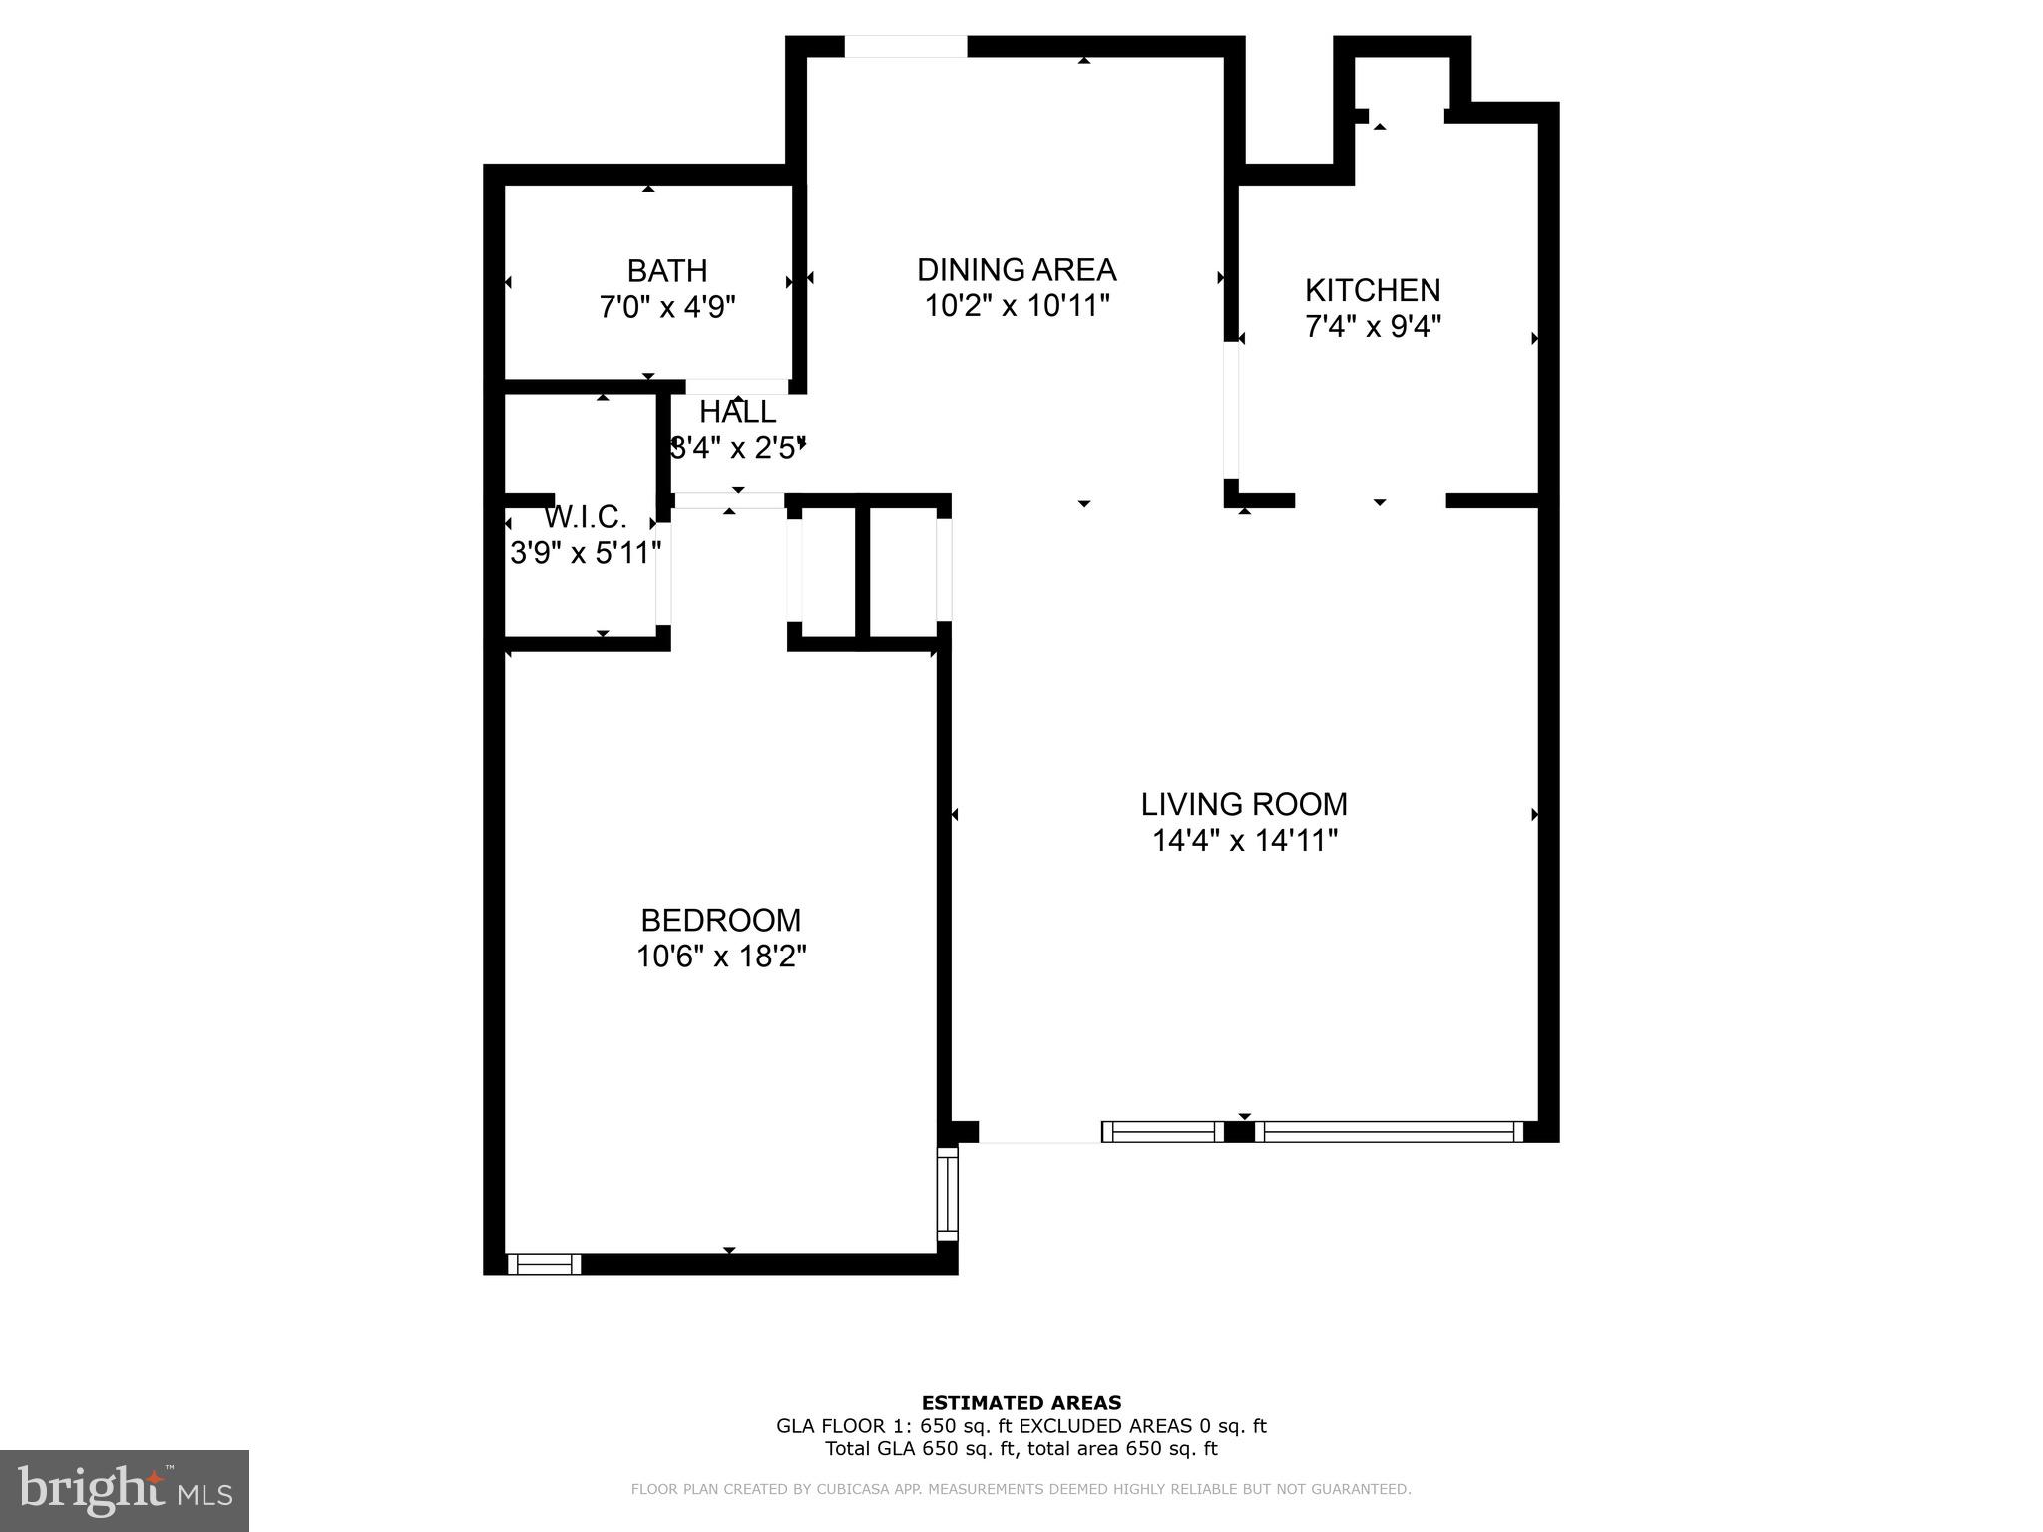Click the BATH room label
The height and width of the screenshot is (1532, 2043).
666,271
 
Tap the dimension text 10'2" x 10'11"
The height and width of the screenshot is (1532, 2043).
1017,305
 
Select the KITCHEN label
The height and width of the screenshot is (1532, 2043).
1373,290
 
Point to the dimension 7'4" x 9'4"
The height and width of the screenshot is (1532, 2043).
1373,326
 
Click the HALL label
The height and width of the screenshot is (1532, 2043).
737,412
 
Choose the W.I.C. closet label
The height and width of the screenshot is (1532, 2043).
585,517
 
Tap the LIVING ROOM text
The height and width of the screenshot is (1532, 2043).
1243,804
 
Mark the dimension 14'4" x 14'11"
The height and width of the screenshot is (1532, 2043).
1243,841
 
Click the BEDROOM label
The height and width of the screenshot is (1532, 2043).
720,920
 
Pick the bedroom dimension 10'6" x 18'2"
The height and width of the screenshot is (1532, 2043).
720,957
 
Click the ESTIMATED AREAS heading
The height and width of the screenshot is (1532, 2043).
1021,1403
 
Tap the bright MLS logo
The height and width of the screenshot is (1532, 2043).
125,1490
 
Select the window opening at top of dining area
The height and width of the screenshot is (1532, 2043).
905,46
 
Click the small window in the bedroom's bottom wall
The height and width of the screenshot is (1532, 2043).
544,1265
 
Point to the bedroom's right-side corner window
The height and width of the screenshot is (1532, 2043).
947,1193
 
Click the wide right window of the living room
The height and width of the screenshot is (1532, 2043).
1389,1131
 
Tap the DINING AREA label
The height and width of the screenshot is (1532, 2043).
1017,270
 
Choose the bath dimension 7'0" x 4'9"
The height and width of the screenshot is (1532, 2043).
666,307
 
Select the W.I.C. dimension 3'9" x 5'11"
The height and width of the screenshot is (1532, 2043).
585,552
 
